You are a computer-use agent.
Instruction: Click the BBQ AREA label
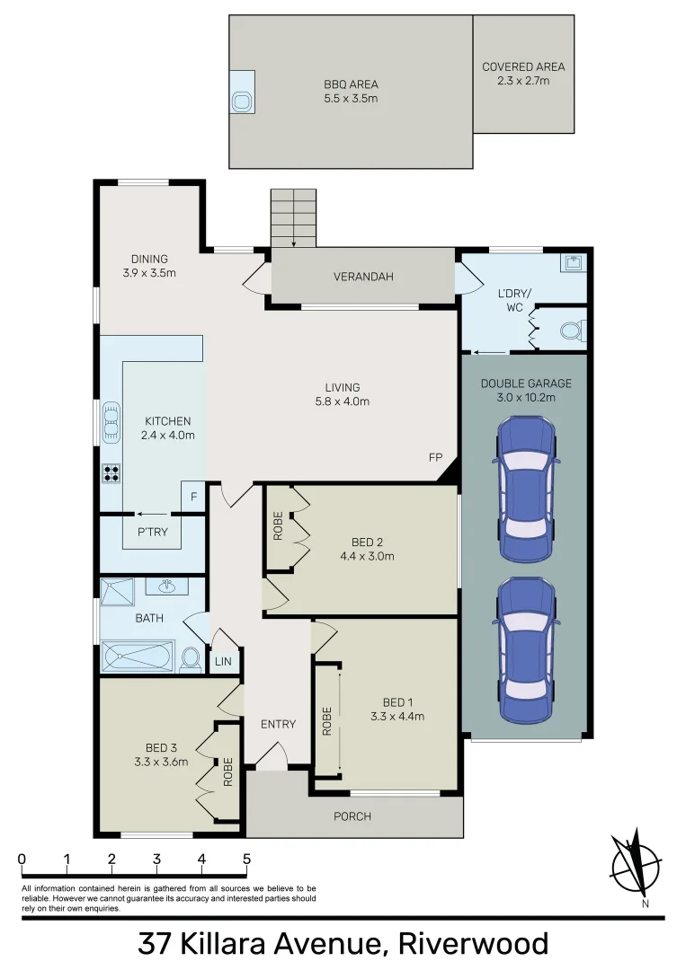[x=351, y=84]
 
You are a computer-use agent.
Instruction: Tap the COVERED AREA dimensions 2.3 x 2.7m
[x=523, y=81]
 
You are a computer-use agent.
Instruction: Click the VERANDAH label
[x=363, y=277]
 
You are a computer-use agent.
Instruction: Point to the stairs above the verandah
[x=294, y=217]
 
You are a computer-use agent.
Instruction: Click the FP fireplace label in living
[x=436, y=458]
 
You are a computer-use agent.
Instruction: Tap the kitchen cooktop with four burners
[x=111, y=473]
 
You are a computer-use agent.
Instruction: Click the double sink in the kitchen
[x=111, y=420]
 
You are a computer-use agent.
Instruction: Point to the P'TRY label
[x=152, y=531]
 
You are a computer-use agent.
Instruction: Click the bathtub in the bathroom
[x=138, y=657]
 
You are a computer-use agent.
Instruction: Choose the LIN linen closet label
[x=224, y=662]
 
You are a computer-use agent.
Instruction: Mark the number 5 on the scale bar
[x=246, y=859]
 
